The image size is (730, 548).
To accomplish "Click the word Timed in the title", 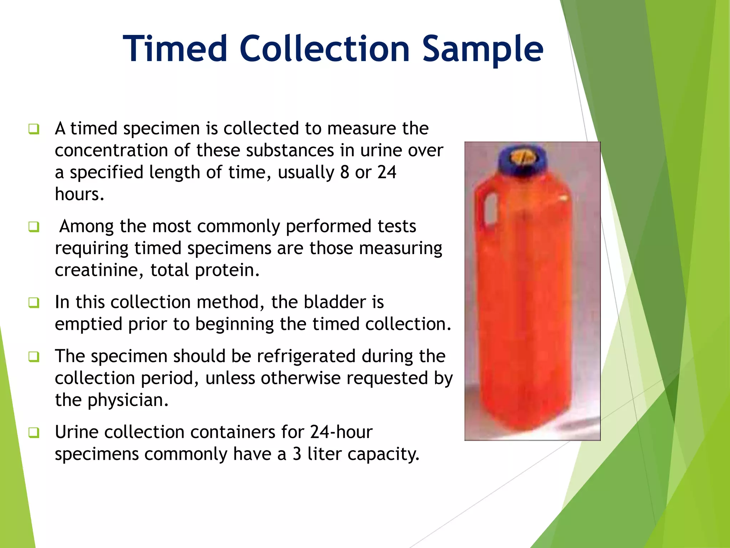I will (175, 49).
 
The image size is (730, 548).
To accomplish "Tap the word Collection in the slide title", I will (324, 49).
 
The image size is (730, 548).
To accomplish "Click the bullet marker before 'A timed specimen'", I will (34, 129).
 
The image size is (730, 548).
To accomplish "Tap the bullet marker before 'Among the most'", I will (34, 227).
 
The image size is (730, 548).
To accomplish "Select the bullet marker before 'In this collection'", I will (34, 303).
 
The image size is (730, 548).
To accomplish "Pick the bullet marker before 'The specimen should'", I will (34, 356).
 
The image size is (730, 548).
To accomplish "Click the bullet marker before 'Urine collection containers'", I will (34, 432).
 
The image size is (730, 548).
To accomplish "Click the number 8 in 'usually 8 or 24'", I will (344, 172).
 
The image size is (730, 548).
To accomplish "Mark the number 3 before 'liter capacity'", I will (297, 454).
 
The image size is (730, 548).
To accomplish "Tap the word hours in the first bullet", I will (79, 194).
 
